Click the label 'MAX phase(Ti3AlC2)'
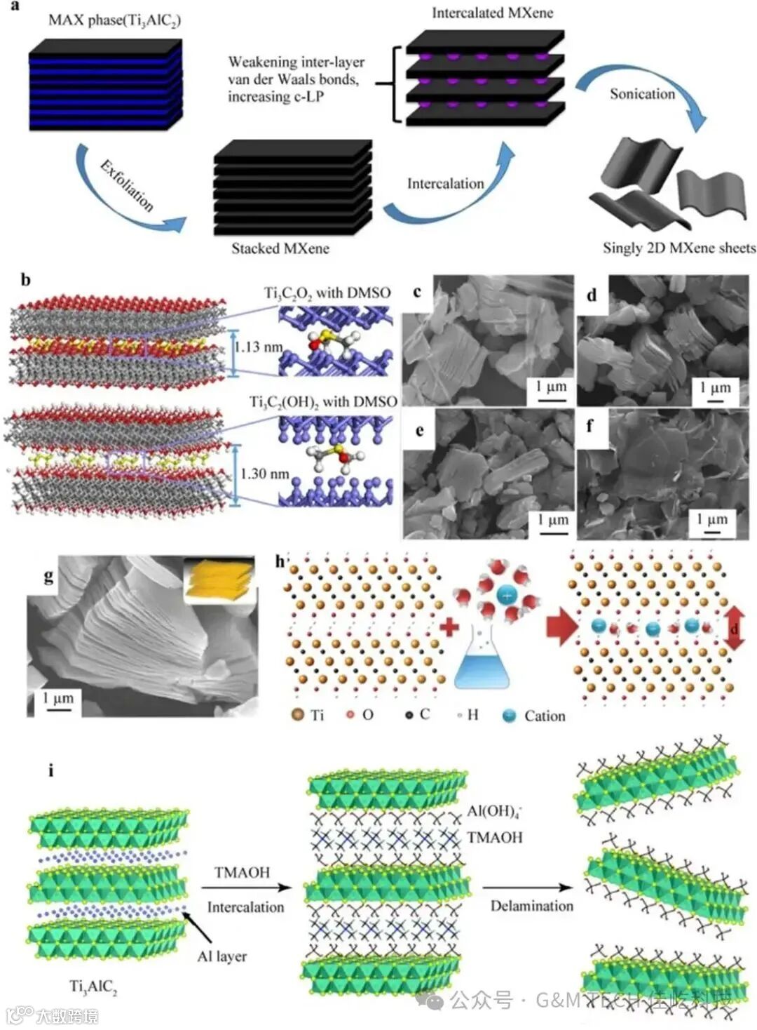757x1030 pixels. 114,20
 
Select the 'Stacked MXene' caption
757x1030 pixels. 280,248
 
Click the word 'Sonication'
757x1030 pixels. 642,94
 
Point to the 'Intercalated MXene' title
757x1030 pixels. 492,13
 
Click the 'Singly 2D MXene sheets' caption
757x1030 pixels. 678,248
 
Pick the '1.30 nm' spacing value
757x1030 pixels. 264,474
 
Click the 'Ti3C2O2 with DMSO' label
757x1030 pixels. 327,293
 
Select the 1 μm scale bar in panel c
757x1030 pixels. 551,392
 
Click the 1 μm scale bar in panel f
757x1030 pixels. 711,524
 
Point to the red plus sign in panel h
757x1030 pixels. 449,626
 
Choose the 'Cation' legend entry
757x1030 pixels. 535,716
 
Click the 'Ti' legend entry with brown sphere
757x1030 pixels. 307,716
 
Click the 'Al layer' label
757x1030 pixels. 221,956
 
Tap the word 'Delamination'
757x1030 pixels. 531,906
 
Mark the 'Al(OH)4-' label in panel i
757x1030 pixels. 495,812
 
